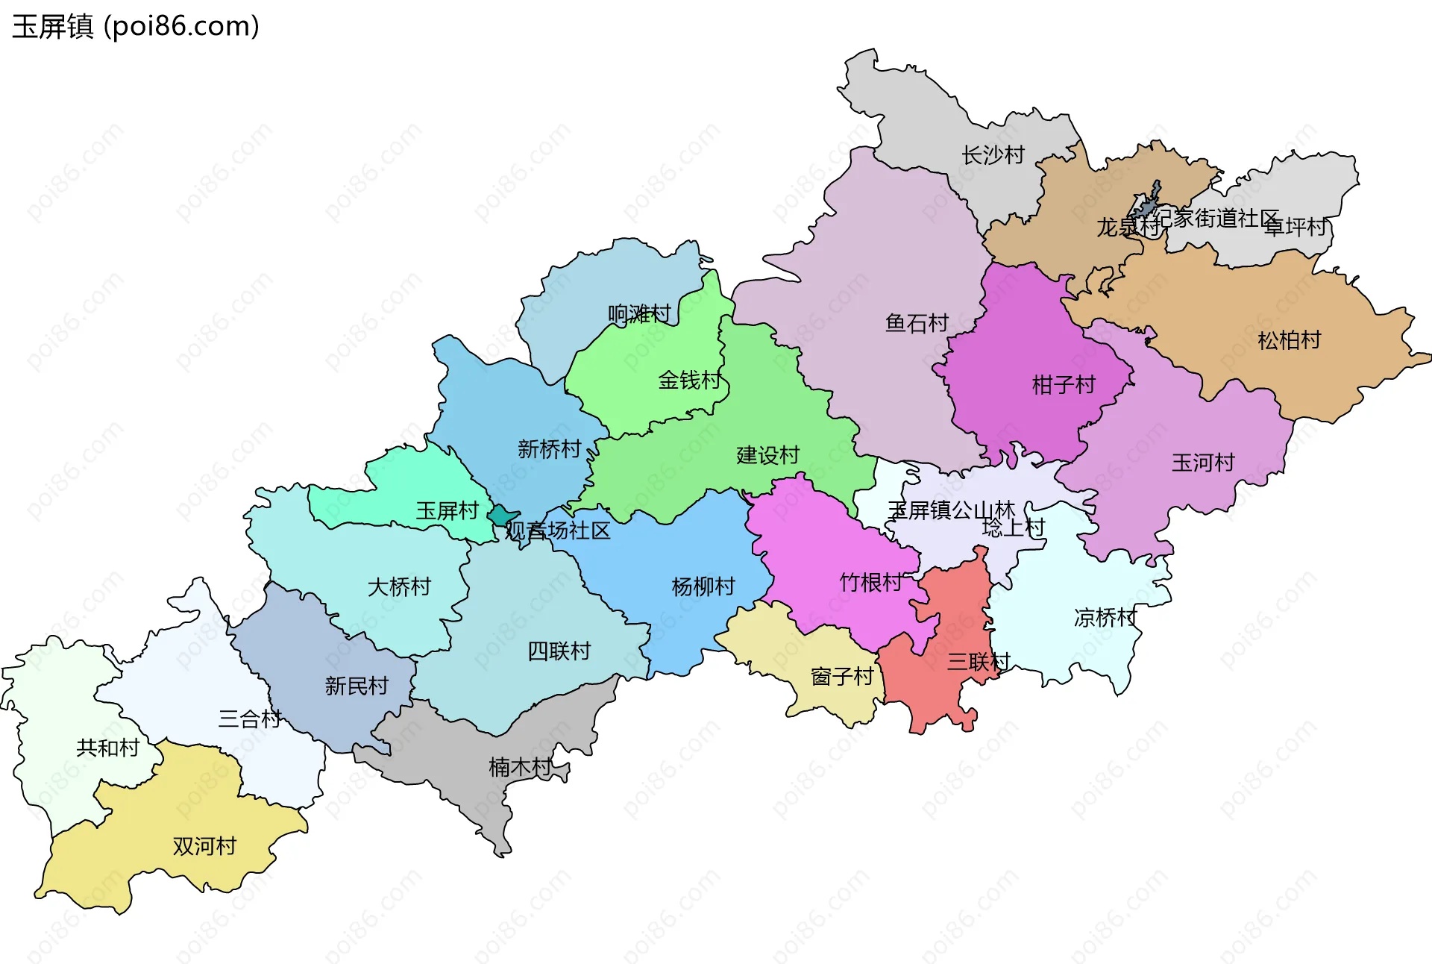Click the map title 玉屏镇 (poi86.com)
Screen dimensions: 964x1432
[136, 27]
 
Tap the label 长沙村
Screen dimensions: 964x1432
[993, 155]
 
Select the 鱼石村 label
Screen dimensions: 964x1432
[916, 323]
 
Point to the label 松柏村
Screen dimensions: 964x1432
[1289, 340]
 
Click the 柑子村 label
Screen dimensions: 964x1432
[1063, 385]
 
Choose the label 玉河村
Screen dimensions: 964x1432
[1203, 463]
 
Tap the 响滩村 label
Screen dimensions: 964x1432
[639, 313]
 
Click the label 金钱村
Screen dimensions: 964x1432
[689, 381]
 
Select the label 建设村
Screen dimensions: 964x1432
[767, 455]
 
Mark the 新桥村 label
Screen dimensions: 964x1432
[549, 449]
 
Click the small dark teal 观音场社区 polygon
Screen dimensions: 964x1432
[501, 516]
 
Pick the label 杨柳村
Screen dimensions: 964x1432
[703, 586]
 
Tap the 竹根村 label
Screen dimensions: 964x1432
[870, 582]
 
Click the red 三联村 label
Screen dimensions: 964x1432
[978, 661]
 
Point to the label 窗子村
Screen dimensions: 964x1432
[841, 677]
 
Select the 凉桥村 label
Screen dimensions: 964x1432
[1105, 618]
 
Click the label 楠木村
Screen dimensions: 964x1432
[520, 766]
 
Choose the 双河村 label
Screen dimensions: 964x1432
[204, 846]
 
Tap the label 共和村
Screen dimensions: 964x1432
[107, 748]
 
